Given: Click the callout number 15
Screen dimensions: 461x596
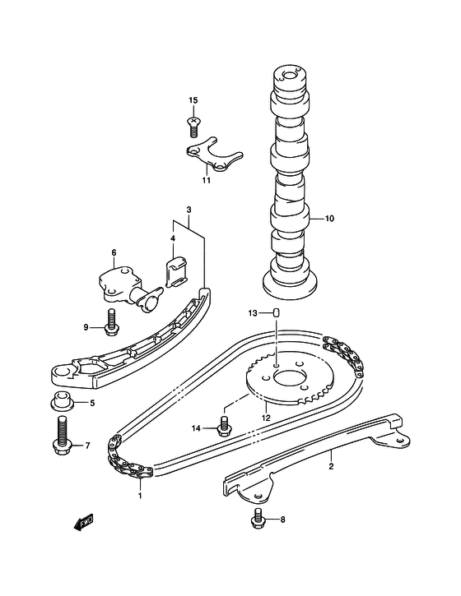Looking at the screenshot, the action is (x=193, y=100).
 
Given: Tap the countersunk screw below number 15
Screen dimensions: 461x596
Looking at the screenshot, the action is (x=194, y=127).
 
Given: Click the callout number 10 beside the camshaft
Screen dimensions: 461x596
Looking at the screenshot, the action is (x=329, y=219).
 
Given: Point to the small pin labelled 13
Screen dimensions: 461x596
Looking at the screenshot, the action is (x=277, y=313).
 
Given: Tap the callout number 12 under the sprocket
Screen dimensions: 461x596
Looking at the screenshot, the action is (x=266, y=418).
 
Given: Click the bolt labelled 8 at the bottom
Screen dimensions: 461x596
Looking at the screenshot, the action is (x=258, y=518).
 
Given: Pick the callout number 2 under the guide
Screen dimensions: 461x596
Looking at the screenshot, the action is (x=331, y=466).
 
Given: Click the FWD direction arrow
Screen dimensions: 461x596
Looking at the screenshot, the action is (x=83, y=523).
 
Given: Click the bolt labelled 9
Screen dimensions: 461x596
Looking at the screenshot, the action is (x=111, y=323).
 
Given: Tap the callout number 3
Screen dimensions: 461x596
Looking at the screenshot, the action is (x=189, y=210).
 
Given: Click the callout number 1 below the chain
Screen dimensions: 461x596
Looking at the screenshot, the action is (x=140, y=496).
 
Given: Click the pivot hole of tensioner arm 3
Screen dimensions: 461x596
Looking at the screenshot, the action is (x=63, y=372).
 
